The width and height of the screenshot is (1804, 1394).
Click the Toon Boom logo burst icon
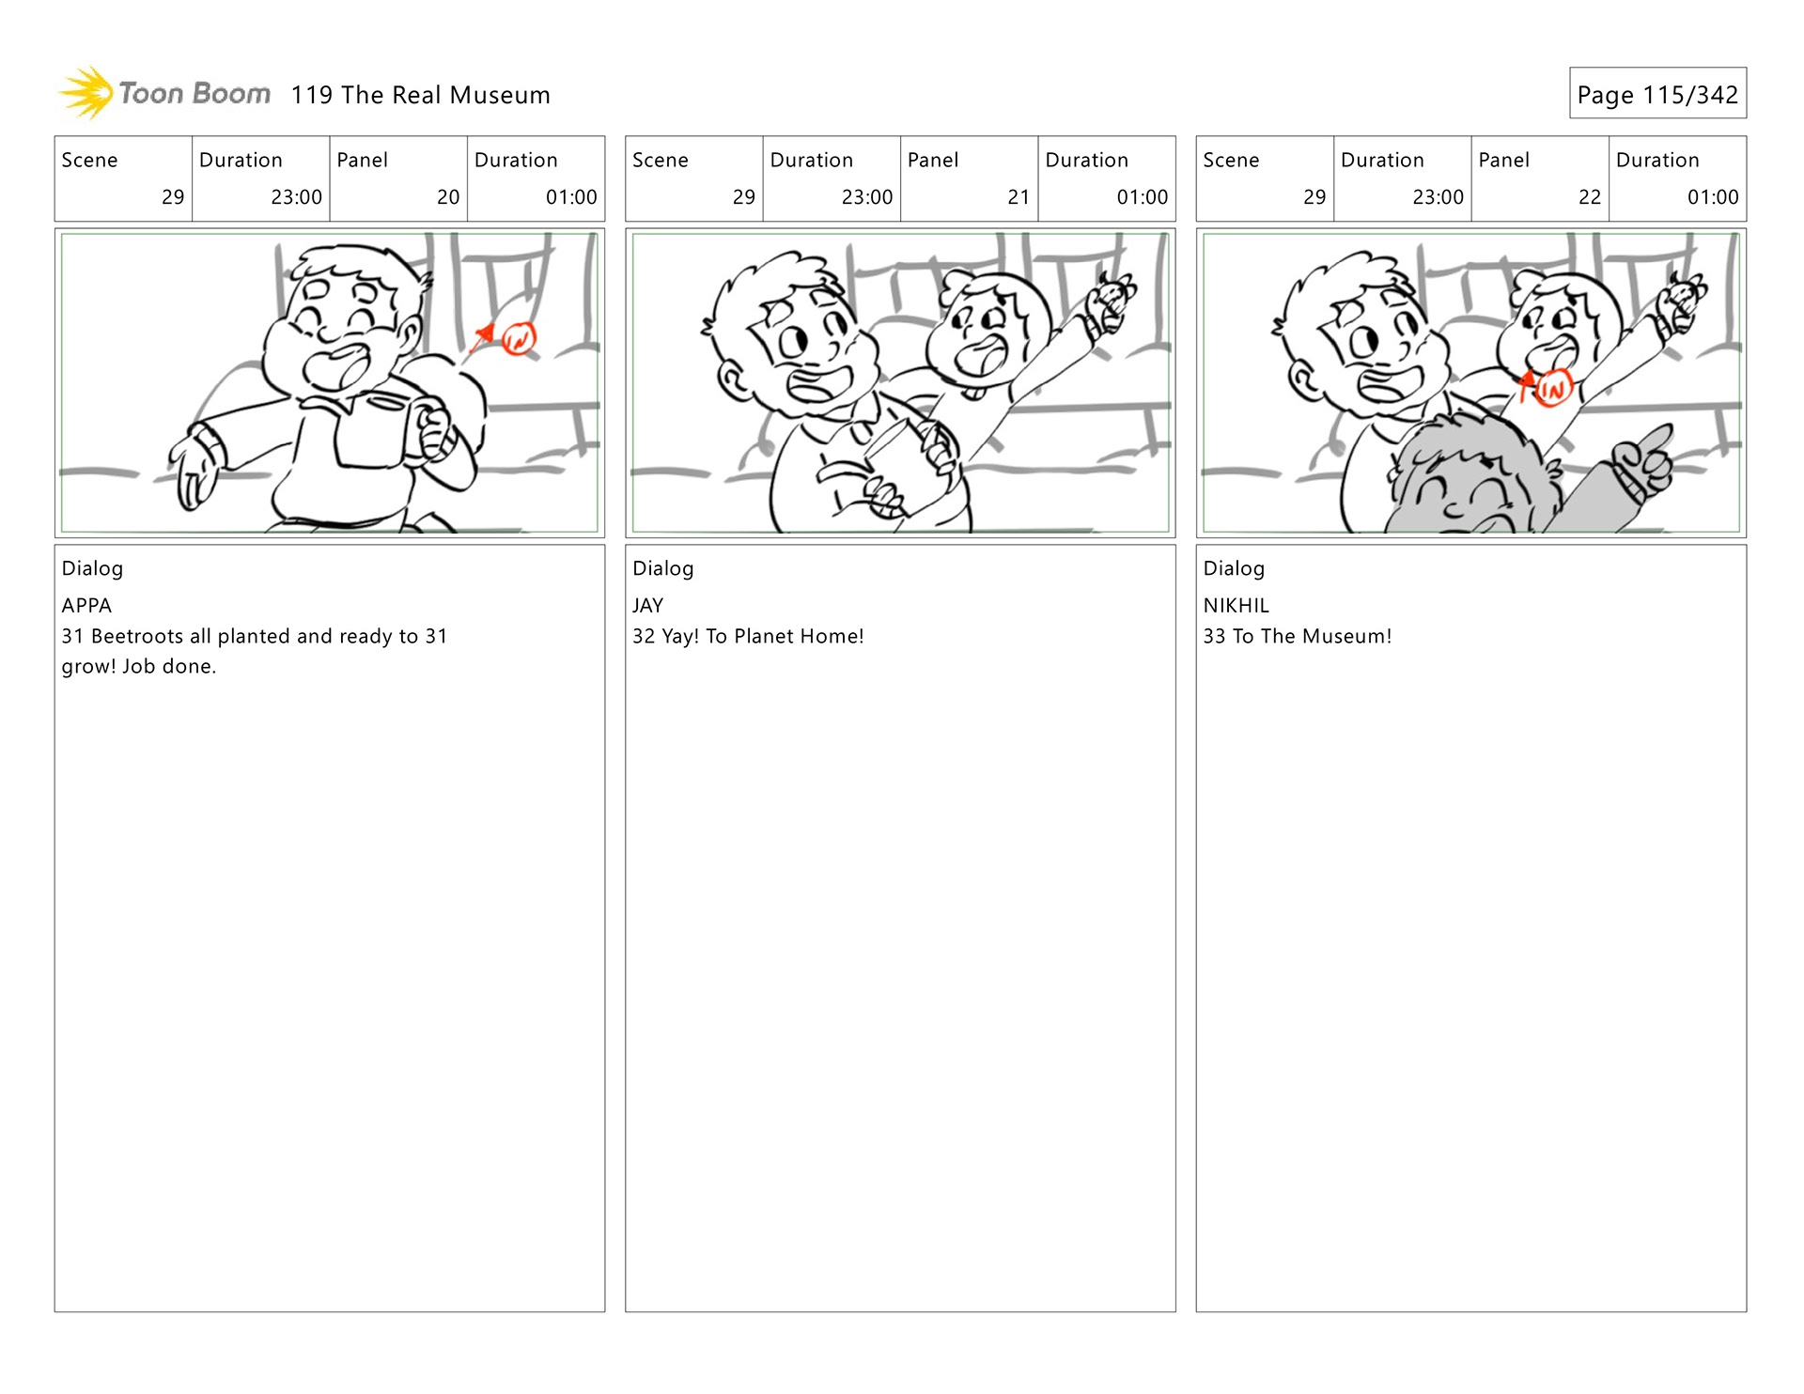pos(86,93)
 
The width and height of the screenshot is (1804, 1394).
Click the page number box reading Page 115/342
pos(1657,93)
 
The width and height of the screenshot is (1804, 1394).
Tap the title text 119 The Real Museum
pos(420,95)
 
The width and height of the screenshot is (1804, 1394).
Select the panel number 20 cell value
pos(448,197)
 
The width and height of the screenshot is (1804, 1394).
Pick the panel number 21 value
pos(1019,197)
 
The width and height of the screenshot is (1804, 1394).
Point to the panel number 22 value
pos(1590,197)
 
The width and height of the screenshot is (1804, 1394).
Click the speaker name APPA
pos(86,606)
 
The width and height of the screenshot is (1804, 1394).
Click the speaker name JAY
pos(648,606)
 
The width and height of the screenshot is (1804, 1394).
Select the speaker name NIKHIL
pos(1236,606)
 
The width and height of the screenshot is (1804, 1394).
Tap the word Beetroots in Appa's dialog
pos(137,636)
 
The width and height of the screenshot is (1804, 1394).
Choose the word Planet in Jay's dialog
pos(762,636)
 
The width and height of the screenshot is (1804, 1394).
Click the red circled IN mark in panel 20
pos(519,338)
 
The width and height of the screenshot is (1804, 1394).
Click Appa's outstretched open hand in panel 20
pos(195,464)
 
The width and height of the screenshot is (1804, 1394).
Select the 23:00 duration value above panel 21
pos(867,197)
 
